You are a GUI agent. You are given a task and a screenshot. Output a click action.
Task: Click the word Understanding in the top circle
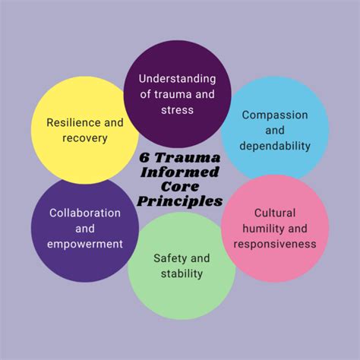(178, 79)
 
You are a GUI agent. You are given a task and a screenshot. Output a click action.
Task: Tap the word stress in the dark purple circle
(178, 109)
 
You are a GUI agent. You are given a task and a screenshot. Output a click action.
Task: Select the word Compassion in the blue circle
(275, 115)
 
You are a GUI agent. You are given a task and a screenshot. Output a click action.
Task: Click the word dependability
(275, 145)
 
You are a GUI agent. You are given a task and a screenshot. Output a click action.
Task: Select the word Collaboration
(84, 213)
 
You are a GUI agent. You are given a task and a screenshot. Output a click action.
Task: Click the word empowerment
(84, 244)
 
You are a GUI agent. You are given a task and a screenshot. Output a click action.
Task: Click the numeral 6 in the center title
(144, 159)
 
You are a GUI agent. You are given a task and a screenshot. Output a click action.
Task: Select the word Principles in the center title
(180, 202)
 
